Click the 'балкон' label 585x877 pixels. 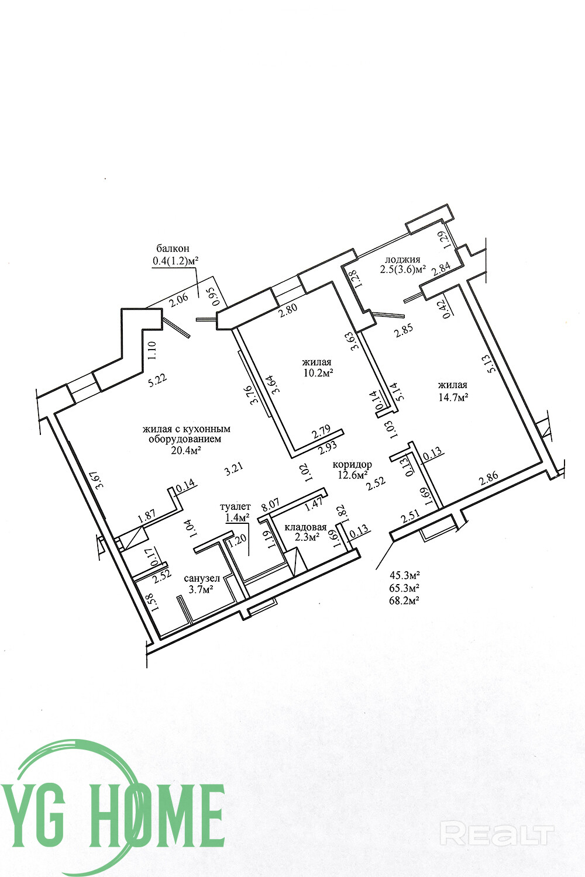[x=173, y=248]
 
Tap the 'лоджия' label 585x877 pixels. [x=402, y=260]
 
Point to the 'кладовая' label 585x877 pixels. [x=305, y=527]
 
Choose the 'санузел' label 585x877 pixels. [x=201, y=578]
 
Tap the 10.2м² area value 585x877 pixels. [x=319, y=372]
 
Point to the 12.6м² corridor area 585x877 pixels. [x=353, y=475]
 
